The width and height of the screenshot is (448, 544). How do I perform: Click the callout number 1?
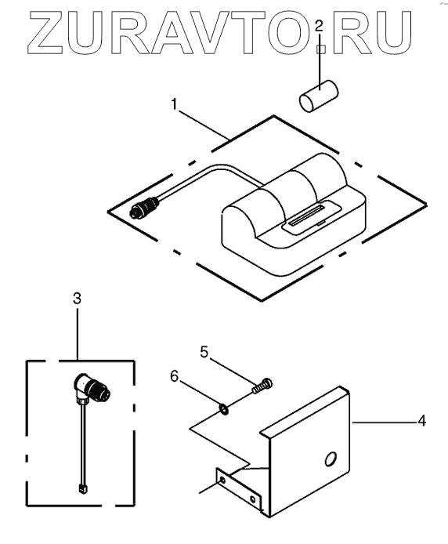click(x=175, y=103)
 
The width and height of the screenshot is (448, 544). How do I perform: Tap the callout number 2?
click(x=319, y=26)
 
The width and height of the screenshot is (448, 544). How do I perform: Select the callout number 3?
click(x=77, y=299)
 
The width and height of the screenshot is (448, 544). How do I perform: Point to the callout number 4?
click(x=421, y=421)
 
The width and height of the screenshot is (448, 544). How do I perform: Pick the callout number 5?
click(x=204, y=352)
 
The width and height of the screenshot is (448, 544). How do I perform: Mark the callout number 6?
click(x=175, y=376)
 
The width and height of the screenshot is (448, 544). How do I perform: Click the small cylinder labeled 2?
click(x=319, y=96)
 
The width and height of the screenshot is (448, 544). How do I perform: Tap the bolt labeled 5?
click(x=262, y=386)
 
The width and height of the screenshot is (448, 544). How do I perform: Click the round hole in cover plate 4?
click(x=330, y=459)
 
